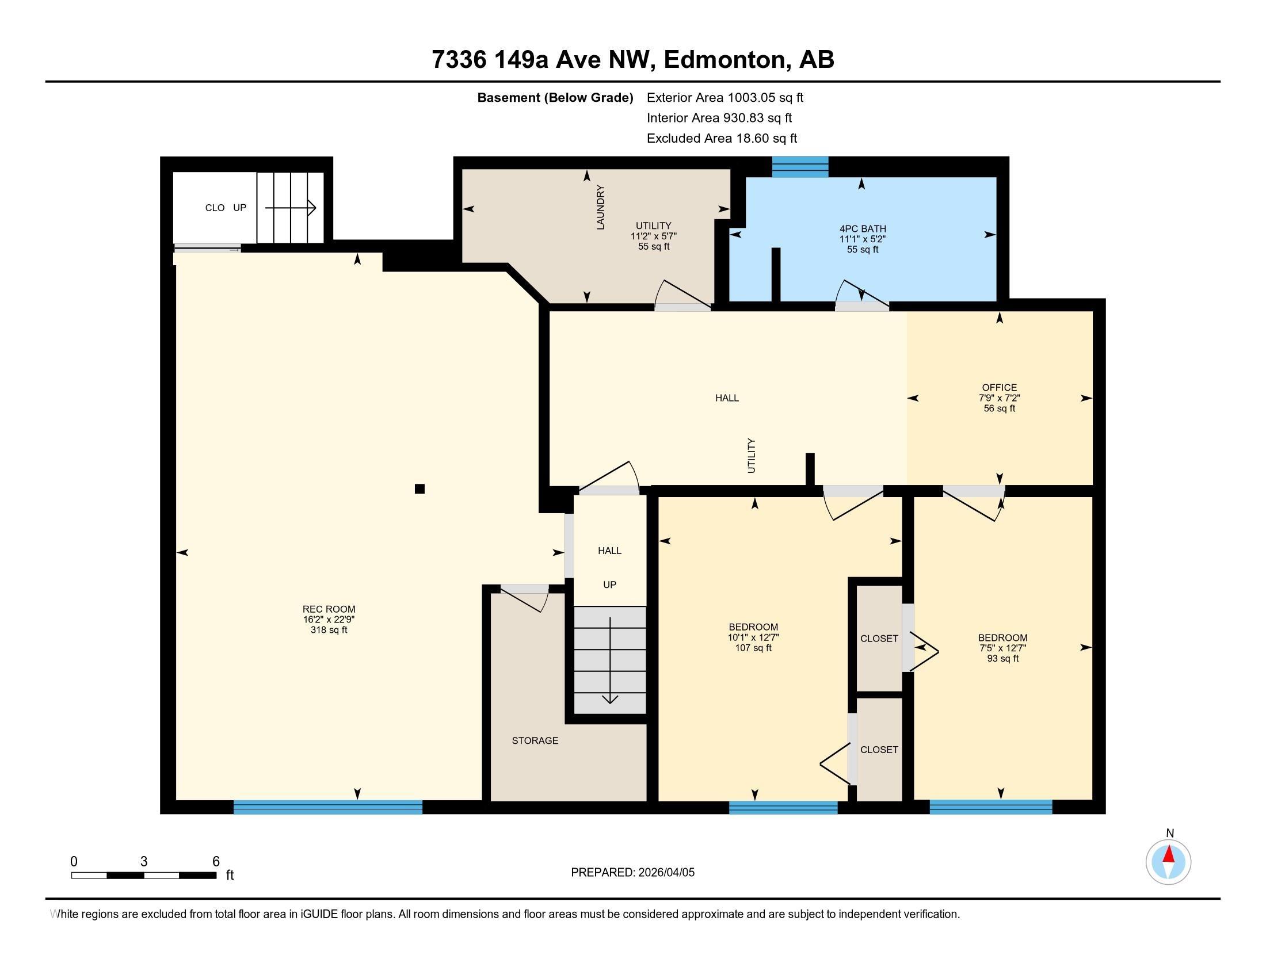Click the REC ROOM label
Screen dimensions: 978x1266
tap(329, 609)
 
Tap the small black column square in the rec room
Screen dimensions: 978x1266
tap(420, 488)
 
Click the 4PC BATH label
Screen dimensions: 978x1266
tap(863, 228)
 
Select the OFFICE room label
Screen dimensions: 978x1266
tap(999, 388)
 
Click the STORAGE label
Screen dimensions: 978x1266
tap(535, 740)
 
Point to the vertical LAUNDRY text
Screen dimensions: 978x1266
tap(601, 208)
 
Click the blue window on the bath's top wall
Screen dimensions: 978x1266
tap(799, 167)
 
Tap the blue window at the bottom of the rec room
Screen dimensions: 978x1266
tap(327, 807)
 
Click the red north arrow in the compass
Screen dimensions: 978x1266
tap(1169, 854)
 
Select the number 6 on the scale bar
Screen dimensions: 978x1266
tap(216, 862)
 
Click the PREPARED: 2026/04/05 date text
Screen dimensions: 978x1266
tap(632, 873)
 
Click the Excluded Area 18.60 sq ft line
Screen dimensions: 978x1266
tap(722, 139)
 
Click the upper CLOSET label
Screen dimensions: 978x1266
tap(879, 639)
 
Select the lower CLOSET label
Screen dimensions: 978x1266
tap(879, 750)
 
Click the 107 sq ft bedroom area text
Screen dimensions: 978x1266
tap(753, 648)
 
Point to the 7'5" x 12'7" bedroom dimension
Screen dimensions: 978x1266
tap(1002, 648)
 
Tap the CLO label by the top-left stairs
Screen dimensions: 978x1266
tap(215, 208)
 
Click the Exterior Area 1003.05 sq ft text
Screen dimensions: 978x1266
tap(724, 98)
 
